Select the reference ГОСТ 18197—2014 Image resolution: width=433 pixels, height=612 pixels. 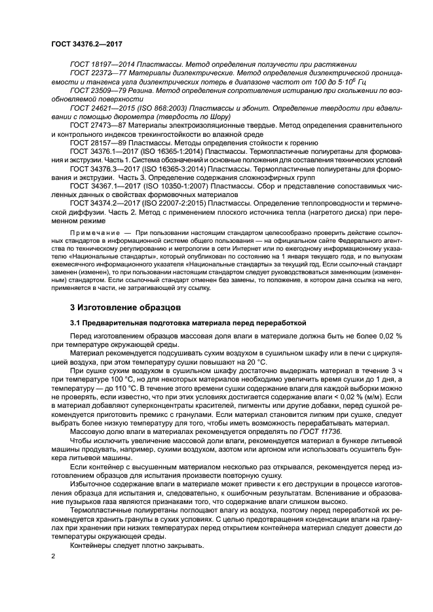tap(100, 65)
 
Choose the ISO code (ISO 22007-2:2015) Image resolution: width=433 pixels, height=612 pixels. tap(164, 203)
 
